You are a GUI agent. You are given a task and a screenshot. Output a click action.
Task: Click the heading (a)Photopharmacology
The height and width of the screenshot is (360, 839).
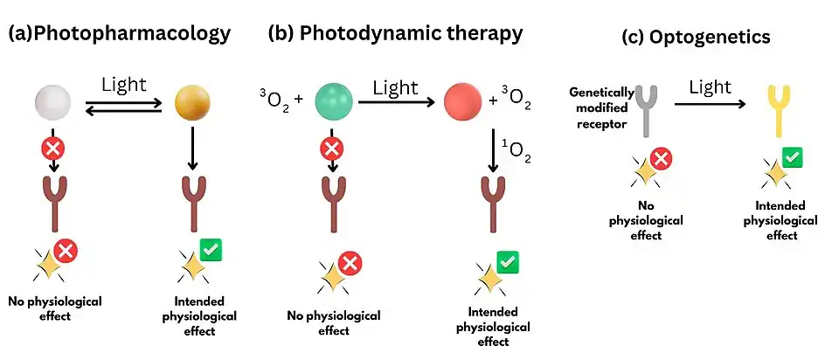[x=119, y=34]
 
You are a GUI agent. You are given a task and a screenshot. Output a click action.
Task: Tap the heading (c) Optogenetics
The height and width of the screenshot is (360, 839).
[x=683, y=38]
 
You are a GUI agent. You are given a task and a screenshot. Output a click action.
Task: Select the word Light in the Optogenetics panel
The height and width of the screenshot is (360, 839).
[x=710, y=87]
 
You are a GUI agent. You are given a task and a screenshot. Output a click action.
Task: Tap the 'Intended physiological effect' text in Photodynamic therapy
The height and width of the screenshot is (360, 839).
[x=496, y=327]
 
